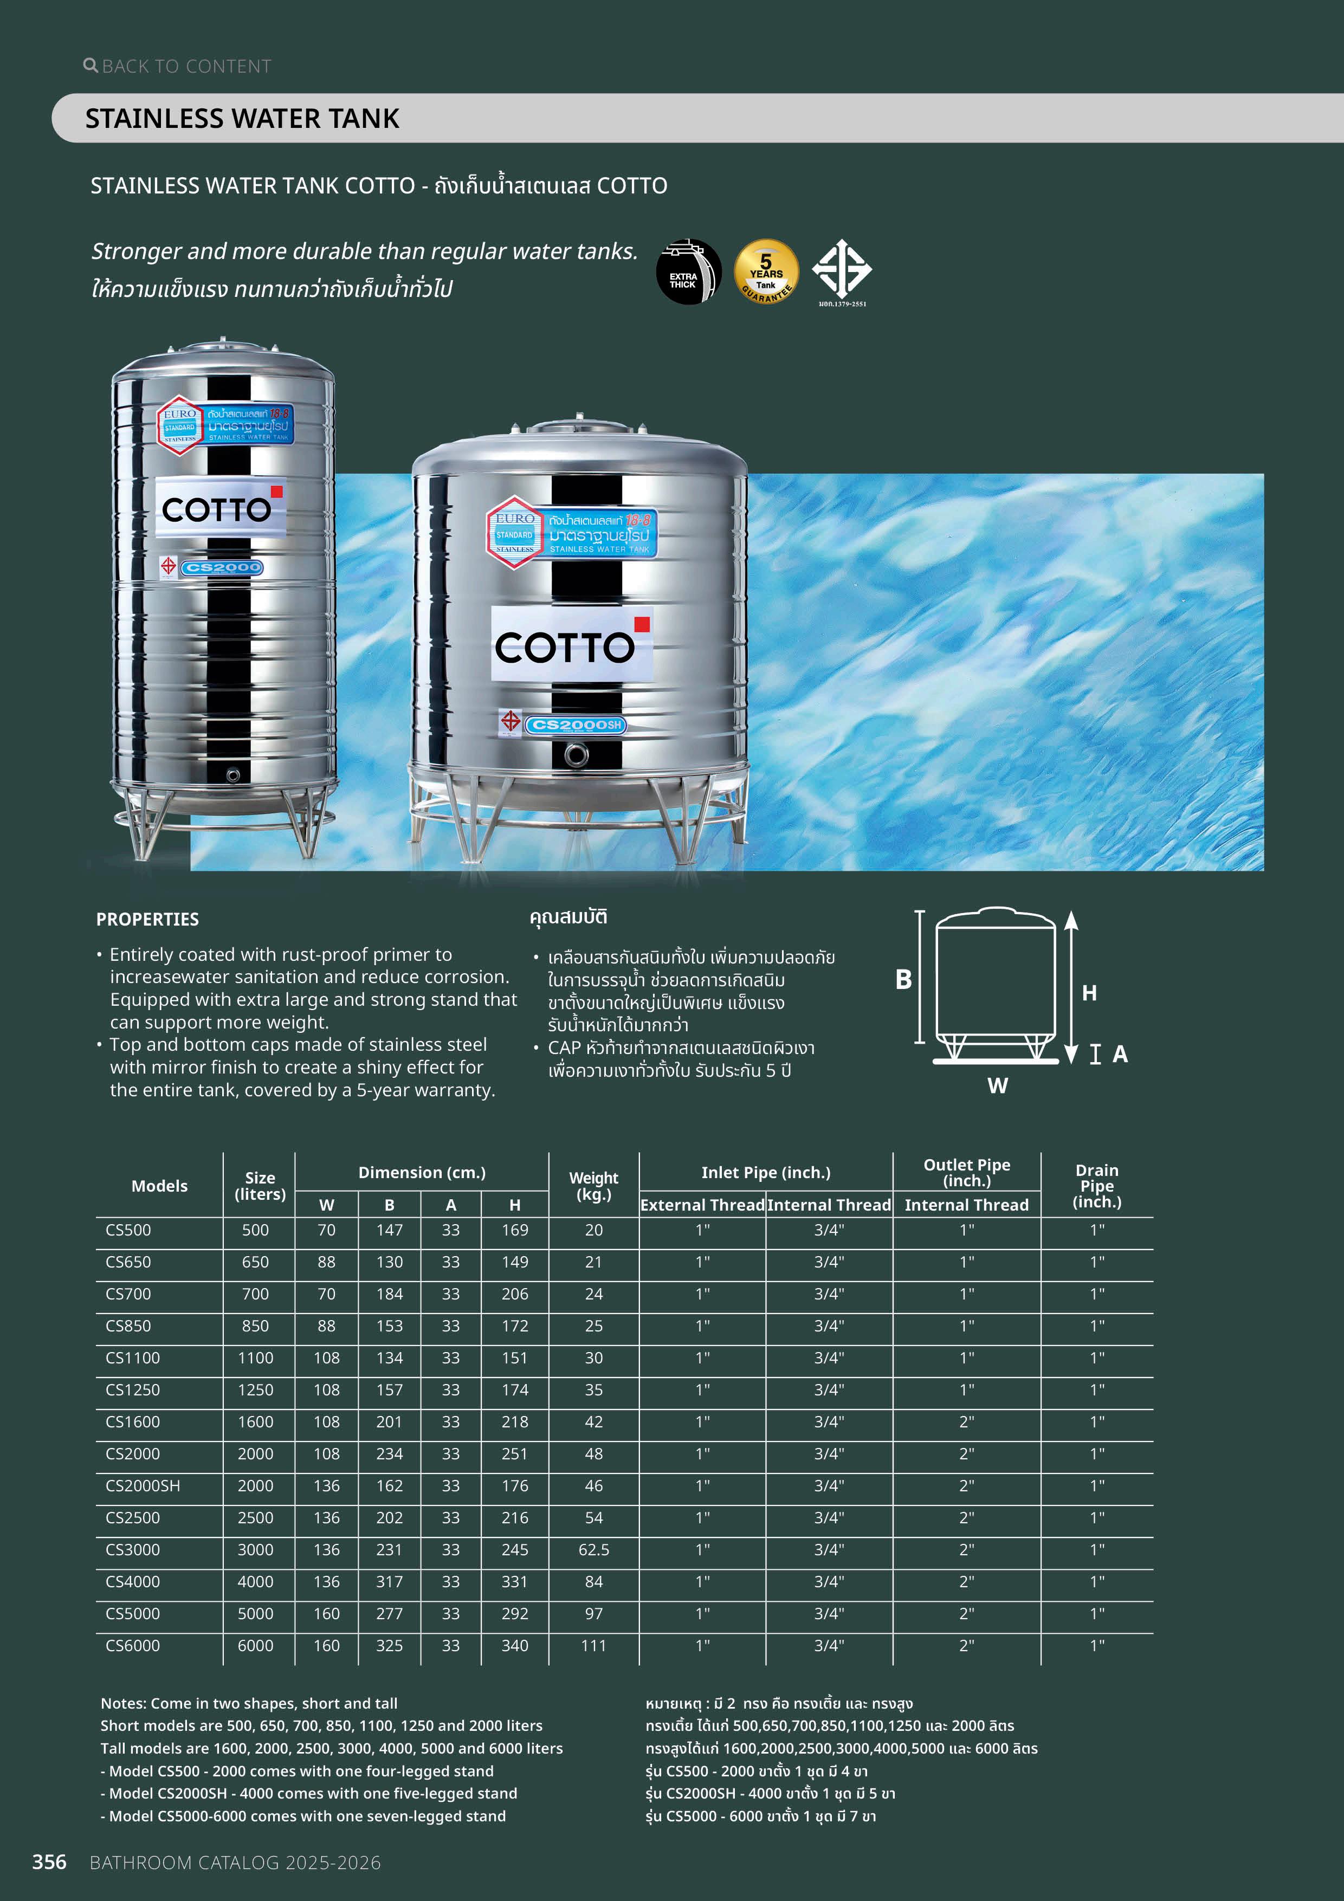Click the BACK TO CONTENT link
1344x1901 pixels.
coord(178,66)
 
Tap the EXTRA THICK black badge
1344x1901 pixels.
coord(687,271)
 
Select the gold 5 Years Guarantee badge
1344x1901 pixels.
coord(766,271)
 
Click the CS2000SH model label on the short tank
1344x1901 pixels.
coord(577,725)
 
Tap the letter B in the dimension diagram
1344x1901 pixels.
coord(903,979)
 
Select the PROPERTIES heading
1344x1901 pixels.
coord(147,919)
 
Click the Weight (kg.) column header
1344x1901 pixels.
coord(594,1186)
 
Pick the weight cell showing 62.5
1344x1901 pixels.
coord(594,1549)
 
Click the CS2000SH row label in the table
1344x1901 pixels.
coord(143,1485)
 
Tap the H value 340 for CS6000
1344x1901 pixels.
coord(514,1645)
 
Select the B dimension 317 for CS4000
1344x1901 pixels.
coord(389,1581)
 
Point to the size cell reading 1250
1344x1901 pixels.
coord(255,1389)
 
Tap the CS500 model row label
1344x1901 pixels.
coord(128,1230)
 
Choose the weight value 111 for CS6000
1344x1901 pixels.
coord(594,1645)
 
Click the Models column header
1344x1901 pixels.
coord(159,1186)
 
